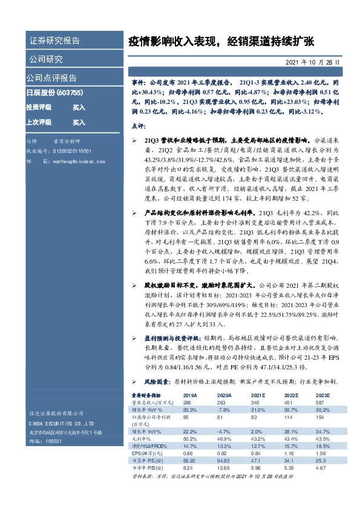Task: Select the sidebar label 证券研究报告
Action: (x=54, y=41)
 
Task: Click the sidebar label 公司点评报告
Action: (x=51, y=78)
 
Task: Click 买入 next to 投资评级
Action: (x=79, y=107)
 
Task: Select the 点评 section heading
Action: (x=139, y=126)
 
